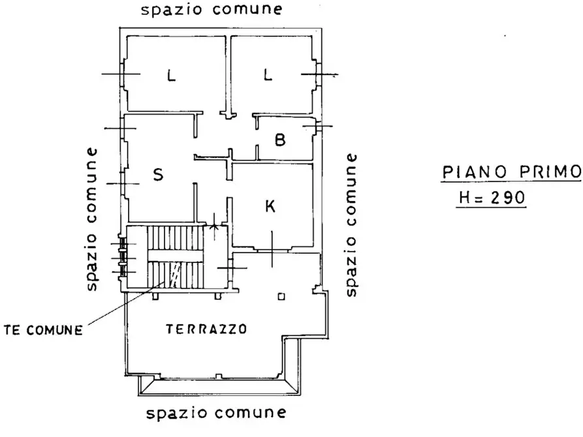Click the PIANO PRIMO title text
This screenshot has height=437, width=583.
tap(512, 172)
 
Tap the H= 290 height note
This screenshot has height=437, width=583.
tap(492, 198)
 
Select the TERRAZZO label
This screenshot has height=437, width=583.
tap(206, 329)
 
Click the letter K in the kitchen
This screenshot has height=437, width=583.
tap(270, 205)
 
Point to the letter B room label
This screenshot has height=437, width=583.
tap(280, 140)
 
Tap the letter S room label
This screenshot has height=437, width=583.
tap(159, 174)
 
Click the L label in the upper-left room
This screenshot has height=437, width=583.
tap(171, 76)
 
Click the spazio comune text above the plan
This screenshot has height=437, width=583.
tap(212, 9)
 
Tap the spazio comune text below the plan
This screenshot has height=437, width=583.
tap(216, 413)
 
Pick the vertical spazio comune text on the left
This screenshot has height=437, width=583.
tap(91, 219)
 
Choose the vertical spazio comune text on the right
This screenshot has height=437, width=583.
tap(351, 225)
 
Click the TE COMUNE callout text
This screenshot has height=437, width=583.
tap(43, 330)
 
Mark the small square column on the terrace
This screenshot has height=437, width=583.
tap(281, 297)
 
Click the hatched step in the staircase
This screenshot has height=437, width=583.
tap(175, 275)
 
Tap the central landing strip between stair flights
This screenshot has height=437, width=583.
tap(176, 256)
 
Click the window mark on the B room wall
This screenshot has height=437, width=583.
tap(317, 127)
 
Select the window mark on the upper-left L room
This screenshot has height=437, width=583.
tap(121, 74)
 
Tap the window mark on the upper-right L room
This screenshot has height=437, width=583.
tap(319, 74)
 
